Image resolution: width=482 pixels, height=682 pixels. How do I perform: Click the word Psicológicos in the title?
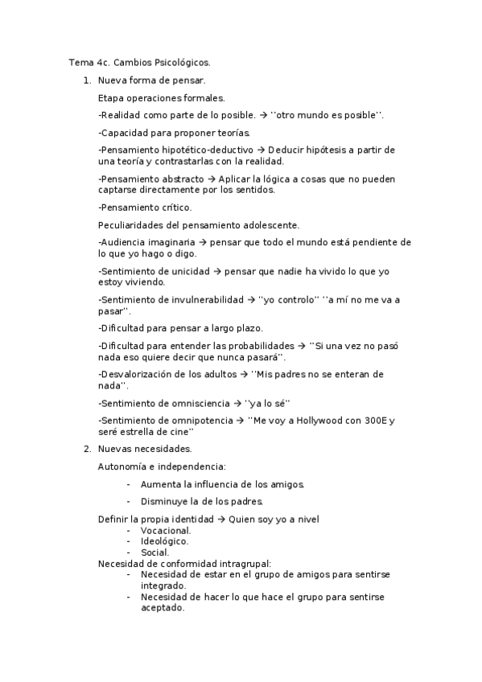[x=181, y=62]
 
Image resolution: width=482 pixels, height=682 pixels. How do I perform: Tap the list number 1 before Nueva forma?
[x=86, y=80]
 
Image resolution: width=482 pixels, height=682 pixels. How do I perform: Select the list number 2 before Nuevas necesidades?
[x=86, y=448]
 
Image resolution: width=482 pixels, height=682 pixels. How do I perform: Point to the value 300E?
[x=371, y=420]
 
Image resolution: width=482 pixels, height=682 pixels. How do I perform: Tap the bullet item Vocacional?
[x=166, y=531]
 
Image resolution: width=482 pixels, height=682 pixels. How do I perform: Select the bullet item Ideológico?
[x=164, y=541]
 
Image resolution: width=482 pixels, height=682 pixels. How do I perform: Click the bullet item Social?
[x=154, y=553]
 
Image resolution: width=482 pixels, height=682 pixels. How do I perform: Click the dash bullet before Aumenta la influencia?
[x=129, y=484]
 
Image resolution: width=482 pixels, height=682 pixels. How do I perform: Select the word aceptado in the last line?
[x=162, y=608]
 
